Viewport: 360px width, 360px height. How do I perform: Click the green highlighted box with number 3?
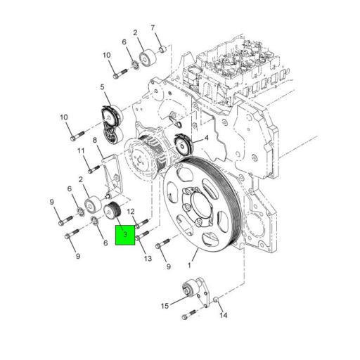coord(124,235)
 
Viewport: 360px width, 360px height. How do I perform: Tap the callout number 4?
coord(206,139)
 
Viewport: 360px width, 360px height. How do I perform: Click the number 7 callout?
coord(153,28)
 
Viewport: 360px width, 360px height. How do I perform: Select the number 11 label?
coord(81,151)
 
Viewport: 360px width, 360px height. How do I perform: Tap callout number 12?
coord(131,202)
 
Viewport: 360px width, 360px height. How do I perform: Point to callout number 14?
coord(224,316)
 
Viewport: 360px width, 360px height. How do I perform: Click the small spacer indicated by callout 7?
coord(161,50)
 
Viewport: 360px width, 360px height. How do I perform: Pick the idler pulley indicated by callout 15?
coord(188,290)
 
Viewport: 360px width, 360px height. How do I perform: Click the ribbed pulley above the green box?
coord(112,210)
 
